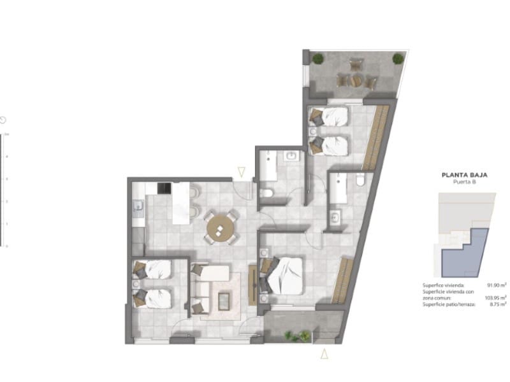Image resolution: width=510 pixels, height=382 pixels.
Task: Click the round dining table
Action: pyautogui.click(x=221, y=227)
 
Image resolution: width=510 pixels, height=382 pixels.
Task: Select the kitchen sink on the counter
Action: pyautogui.click(x=137, y=206)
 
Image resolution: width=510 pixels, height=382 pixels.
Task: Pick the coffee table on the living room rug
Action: pyautogui.click(x=225, y=299)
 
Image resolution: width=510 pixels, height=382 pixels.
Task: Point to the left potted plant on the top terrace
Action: pyautogui.click(x=317, y=59)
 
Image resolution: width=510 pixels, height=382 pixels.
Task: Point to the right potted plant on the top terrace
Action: pyautogui.click(x=398, y=59)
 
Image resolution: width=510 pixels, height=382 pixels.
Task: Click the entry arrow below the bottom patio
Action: pyautogui.click(x=324, y=355)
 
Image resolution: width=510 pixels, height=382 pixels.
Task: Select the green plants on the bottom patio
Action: pyautogui.click(x=297, y=336)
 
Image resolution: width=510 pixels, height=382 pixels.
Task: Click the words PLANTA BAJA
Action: pyautogui.click(x=460, y=174)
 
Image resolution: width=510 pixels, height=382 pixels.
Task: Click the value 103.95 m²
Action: pyautogui.click(x=496, y=298)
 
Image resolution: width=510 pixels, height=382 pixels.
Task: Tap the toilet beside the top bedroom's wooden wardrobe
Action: pyautogui.click(x=360, y=181)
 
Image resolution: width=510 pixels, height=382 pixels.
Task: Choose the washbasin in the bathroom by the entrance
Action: pyautogui.click(x=292, y=155)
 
